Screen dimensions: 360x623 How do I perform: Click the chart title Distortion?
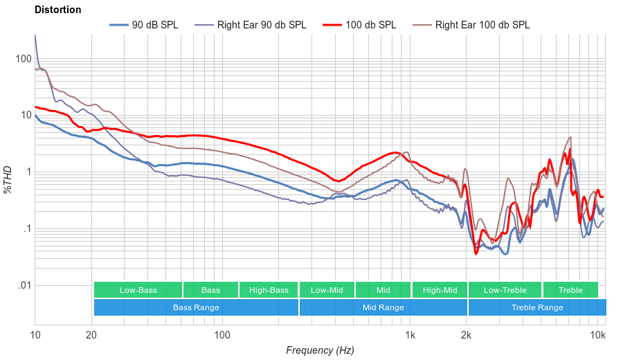pyautogui.click(x=57, y=10)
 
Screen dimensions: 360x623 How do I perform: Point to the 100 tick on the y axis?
pyautogui.click(x=24, y=59)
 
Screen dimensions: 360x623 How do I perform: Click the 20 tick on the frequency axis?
pyautogui.click(x=91, y=335)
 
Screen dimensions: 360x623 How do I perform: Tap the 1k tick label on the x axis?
pyautogui.click(x=410, y=335)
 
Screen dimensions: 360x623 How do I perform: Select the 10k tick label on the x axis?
pyautogui.click(x=597, y=335)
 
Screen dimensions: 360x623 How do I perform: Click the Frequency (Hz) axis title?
pyautogui.click(x=319, y=350)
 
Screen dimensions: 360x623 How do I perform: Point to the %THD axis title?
pyautogui.click(x=8, y=179)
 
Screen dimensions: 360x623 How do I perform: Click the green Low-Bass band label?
pyautogui.click(x=137, y=290)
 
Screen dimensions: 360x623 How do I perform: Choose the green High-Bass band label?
pyautogui.click(x=269, y=290)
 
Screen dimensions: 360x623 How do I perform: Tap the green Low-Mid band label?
pyautogui.click(x=327, y=290)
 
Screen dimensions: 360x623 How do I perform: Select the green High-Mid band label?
pyautogui.click(x=440, y=290)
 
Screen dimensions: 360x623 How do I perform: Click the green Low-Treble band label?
pyautogui.click(x=505, y=290)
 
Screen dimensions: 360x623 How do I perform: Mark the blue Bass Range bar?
pyautogui.click(x=196, y=307)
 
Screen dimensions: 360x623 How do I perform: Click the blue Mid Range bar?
pyautogui.click(x=383, y=307)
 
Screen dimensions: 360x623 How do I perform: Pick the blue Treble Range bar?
pyautogui.click(x=536, y=307)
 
